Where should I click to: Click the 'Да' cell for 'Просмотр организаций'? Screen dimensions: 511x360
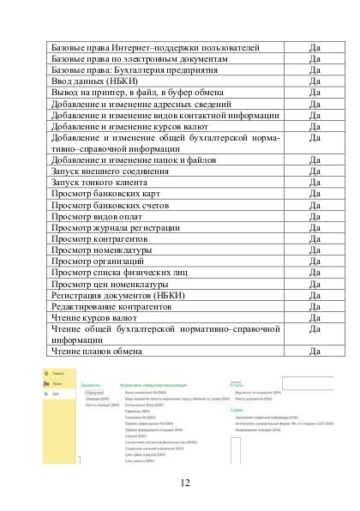click(x=315, y=262)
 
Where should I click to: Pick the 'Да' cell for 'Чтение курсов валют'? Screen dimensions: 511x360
click(x=315, y=317)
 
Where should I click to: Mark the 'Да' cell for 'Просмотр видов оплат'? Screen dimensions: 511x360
click(x=315, y=216)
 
